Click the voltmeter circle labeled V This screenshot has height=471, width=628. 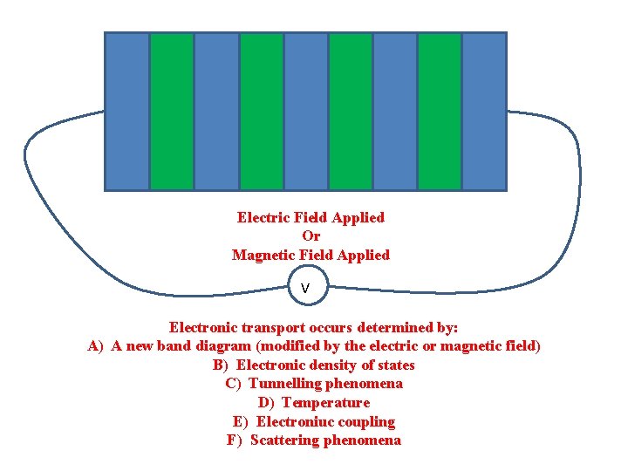(305, 287)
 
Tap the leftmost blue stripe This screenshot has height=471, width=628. (127, 111)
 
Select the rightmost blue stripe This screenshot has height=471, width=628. (484, 111)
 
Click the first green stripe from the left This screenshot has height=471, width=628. (172, 111)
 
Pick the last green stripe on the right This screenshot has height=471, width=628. (440, 111)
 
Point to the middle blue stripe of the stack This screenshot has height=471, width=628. (305, 111)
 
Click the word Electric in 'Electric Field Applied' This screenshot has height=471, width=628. (262, 217)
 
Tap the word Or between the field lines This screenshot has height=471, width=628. (311, 236)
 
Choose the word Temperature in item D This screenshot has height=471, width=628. (325, 403)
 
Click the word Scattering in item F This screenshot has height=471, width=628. (284, 440)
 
